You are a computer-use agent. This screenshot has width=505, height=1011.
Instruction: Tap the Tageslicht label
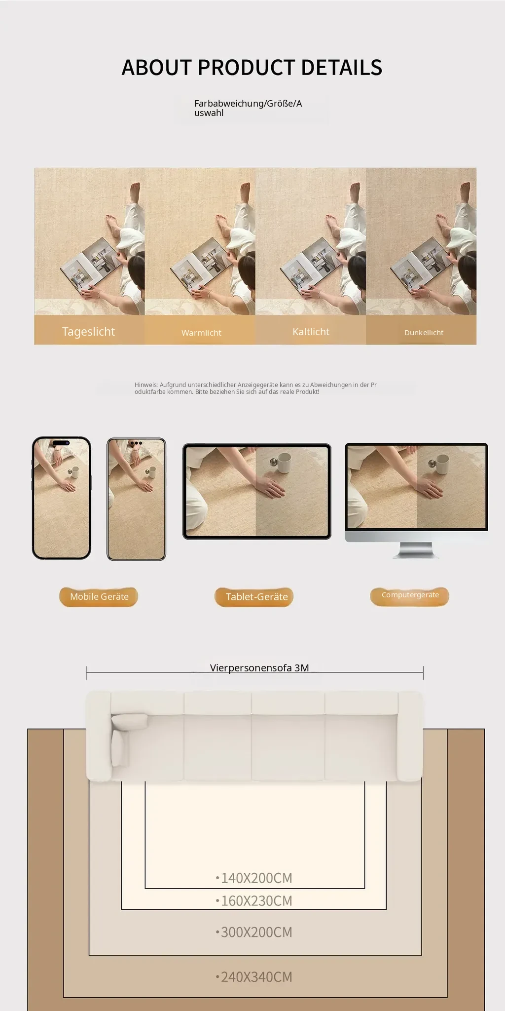(x=89, y=331)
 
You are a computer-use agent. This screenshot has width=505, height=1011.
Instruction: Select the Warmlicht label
(x=201, y=333)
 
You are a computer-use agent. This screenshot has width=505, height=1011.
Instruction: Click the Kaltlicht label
(x=311, y=332)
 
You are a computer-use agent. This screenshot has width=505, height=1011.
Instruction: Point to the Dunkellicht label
(x=424, y=333)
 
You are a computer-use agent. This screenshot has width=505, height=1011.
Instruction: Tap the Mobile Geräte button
(x=99, y=597)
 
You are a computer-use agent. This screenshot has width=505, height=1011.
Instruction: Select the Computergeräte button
(x=410, y=596)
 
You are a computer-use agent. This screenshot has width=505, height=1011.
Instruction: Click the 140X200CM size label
(x=254, y=878)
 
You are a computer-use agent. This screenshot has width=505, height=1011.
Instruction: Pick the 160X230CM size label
(x=254, y=900)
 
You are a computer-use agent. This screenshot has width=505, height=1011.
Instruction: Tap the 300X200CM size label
(x=254, y=932)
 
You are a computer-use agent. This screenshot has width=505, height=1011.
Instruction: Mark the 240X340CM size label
(x=254, y=976)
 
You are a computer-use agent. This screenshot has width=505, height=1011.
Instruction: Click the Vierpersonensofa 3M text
(x=259, y=668)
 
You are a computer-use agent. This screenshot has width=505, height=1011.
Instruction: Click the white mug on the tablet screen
(x=282, y=464)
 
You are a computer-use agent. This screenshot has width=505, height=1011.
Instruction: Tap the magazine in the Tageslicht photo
(x=92, y=265)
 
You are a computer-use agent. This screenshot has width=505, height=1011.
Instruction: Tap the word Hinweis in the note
(x=146, y=385)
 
